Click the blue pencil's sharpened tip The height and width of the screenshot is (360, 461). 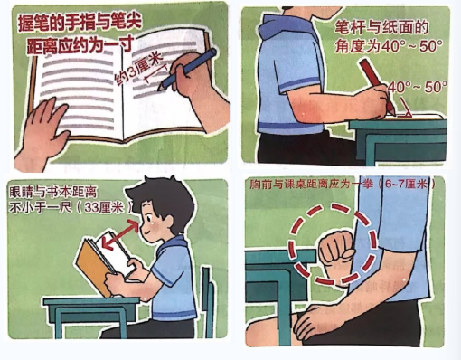click(161, 88)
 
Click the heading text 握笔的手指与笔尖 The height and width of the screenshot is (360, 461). click(80, 23)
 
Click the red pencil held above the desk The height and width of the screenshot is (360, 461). click(377, 86)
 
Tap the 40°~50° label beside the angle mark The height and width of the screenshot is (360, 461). click(417, 87)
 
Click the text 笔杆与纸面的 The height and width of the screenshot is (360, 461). click(381, 28)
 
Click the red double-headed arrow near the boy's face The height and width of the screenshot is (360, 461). click(120, 234)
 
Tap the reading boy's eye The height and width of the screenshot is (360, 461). click(148, 218)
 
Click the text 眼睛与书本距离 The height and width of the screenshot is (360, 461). click(53, 192)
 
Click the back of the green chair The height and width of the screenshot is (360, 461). click(207, 301)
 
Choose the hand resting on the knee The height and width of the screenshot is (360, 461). click(316, 321)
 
